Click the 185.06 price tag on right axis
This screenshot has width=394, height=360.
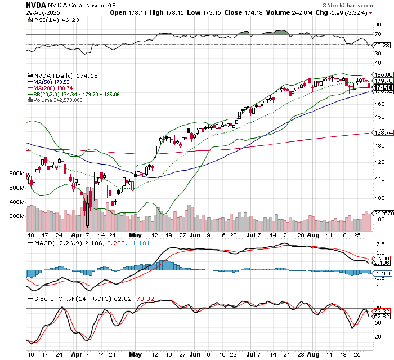[382, 74]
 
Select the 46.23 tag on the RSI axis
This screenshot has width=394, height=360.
[382, 45]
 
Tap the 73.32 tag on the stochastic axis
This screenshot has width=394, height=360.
[382, 311]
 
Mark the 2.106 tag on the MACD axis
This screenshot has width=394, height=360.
[382, 262]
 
